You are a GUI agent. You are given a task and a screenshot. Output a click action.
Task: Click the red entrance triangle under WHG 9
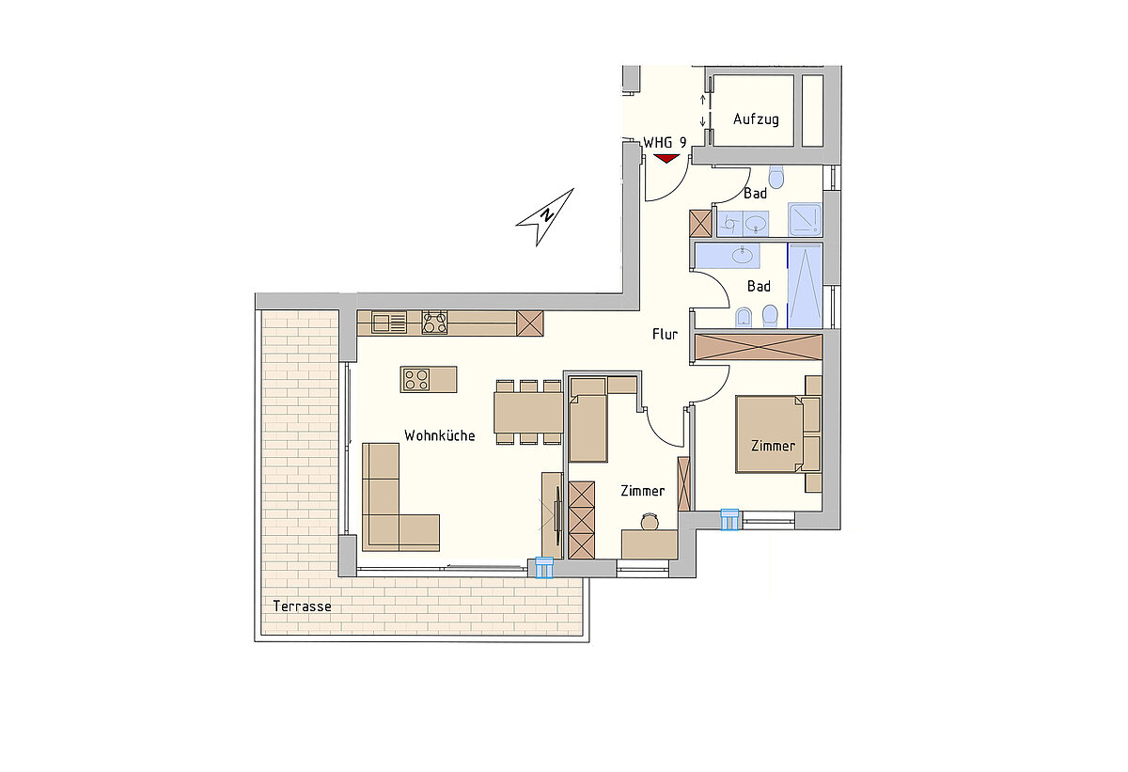click(x=666, y=159)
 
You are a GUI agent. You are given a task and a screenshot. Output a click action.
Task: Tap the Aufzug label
click(x=756, y=119)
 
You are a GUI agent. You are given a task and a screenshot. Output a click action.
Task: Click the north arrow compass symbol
click(x=545, y=217)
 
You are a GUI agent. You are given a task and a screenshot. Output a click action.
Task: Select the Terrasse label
click(x=302, y=606)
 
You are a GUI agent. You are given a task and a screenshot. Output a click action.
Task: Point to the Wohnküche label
click(x=440, y=435)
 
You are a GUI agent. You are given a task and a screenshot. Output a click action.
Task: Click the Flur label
click(x=665, y=334)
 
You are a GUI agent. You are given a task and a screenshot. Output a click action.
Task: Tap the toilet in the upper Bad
click(x=776, y=177)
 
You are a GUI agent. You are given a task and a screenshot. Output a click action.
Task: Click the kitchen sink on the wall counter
click(x=389, y=323)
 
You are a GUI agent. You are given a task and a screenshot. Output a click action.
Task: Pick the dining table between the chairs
click(x=528, y=413)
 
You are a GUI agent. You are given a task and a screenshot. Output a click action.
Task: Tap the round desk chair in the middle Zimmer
click(x=650, y=522)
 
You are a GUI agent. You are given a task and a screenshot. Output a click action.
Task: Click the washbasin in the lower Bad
click(x=743, y=255)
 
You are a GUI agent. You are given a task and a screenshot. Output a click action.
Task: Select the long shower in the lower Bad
click(x=805, y=286)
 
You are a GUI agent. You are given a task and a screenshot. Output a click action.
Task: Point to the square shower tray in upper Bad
click(x=805, y=219)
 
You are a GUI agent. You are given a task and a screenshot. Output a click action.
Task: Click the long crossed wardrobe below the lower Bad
click(x=759, y=347)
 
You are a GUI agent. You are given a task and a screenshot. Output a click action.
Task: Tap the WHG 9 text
click(x=665, y=143)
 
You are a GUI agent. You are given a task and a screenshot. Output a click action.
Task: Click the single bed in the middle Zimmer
click(x=587, y=428)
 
